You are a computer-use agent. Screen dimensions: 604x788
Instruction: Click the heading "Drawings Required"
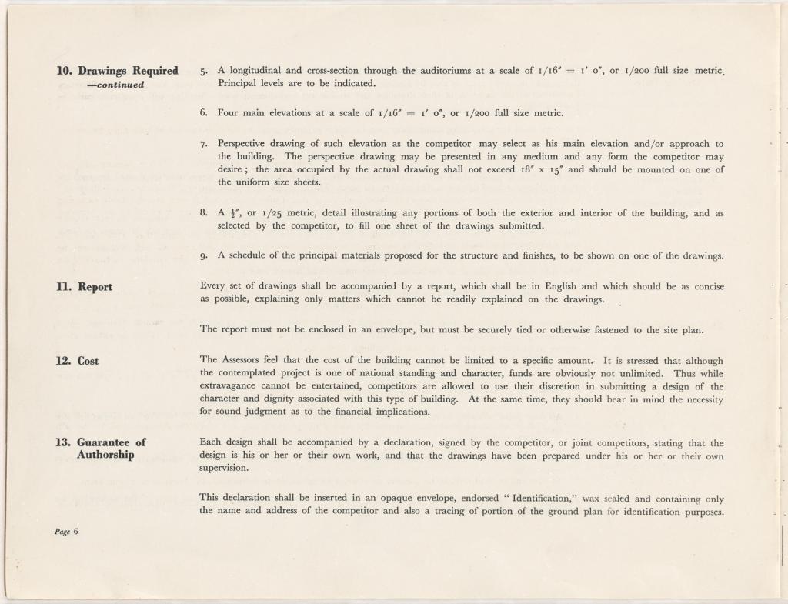[128, 71]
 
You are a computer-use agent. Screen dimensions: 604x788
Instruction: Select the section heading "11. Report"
[84, 287]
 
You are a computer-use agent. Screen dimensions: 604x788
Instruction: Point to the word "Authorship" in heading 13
[105, 455]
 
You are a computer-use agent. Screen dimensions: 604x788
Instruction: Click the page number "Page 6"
[67, 532]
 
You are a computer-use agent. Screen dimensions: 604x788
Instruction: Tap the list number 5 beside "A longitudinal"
[203, 72]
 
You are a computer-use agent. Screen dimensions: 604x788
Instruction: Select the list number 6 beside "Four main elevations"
[203, 113]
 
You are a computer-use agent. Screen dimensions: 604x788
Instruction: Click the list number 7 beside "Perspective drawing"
[203, 145]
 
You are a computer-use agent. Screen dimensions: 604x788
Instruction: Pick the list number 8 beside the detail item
[203, 213]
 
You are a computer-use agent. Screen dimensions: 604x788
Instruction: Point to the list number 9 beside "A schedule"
[203, 256]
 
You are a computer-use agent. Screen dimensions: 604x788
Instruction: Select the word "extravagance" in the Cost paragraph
[229, 386]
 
